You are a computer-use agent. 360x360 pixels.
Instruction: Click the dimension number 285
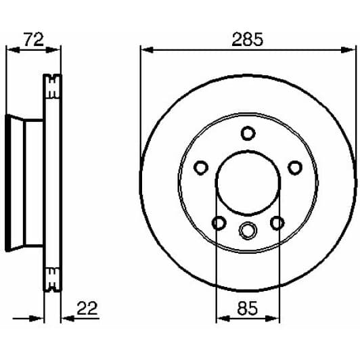point(247,40)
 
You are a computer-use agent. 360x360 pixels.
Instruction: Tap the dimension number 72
point(34,39)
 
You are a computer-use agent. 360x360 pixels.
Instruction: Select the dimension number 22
point(87,309)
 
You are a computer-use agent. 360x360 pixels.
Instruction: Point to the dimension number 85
point(248,309)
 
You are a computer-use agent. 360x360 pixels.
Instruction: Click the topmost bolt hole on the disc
point(248,133)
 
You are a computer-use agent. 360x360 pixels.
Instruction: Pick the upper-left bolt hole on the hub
point(201,168)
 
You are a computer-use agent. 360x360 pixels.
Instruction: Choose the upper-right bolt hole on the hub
point(295,168)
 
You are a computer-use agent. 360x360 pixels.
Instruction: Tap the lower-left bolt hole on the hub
point(219,223)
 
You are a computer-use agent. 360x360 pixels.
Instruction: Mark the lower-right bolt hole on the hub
point(277,223)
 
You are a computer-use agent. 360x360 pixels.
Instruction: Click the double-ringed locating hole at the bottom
point(248,230)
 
